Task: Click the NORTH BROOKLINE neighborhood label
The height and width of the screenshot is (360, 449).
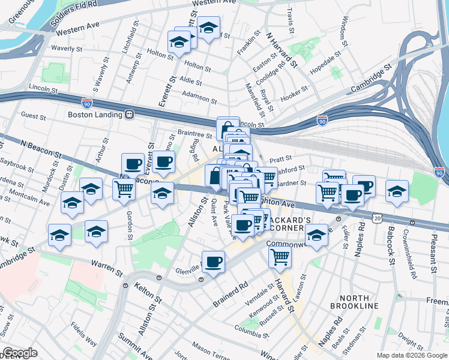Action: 359,301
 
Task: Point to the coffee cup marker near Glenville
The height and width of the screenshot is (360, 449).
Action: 213,262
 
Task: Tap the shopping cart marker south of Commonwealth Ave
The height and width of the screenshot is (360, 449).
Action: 280,257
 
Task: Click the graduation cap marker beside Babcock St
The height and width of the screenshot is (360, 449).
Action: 397,191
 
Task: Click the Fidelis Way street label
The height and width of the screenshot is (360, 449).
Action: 83,334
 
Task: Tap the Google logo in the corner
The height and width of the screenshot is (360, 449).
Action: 20,353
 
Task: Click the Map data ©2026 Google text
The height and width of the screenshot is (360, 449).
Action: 411,355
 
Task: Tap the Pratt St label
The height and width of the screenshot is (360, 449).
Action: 280,160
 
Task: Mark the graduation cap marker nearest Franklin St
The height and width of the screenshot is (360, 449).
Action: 208,28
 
